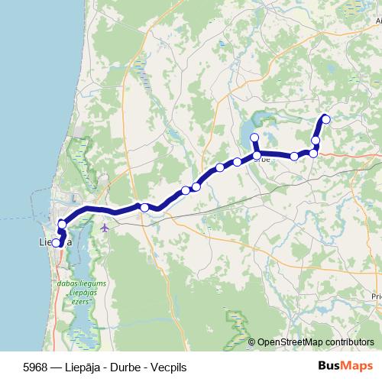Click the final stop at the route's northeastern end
326,118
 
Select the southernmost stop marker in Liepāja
56,243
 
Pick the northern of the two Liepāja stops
62,224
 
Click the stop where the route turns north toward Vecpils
313,154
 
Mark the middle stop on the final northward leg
316,141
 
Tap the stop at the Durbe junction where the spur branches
257,156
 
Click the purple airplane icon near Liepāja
105,227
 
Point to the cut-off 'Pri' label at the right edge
375,294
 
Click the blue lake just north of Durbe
252,122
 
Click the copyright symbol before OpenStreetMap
252,342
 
